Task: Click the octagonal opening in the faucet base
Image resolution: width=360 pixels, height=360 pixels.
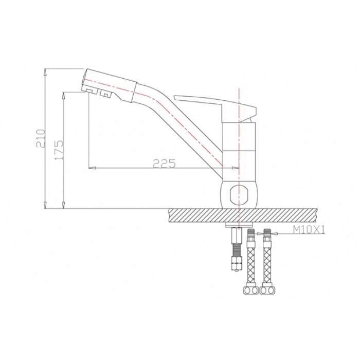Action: point(239,194)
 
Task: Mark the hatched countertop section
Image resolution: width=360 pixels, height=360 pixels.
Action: point(242,215)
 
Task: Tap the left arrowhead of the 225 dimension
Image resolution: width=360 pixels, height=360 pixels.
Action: point(93,168)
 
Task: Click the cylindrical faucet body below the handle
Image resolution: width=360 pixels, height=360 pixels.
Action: point(239,149)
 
